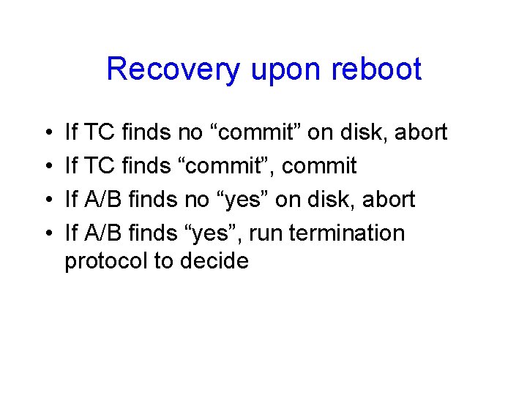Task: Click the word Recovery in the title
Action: [x=173, y=70]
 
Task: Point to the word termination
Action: [x=347, y=233]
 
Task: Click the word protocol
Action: [x=106, y=260]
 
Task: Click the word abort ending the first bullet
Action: [x=419, y=132]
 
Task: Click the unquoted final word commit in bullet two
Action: [x=319, y=166]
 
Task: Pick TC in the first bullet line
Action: [x=100, y=132]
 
